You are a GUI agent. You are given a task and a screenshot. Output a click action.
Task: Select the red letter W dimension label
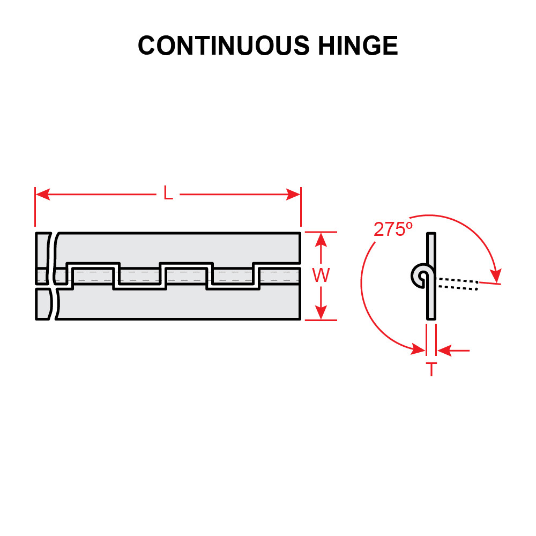click(321, 276)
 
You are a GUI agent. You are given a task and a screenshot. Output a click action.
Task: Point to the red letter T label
click(431, 369)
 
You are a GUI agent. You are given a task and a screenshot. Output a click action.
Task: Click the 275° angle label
click(393, 229)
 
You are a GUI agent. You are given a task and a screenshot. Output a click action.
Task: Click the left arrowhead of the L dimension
click(42, 194)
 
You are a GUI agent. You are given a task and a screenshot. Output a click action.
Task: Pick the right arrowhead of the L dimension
click(294, 194)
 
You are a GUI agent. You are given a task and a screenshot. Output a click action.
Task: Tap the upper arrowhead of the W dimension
click(321, 239)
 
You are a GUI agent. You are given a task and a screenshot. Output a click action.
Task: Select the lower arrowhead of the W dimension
click(321, 313)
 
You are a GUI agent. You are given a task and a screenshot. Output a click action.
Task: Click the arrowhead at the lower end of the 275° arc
click(418, 349)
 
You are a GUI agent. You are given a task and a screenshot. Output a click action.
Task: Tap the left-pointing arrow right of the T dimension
click(445, 351)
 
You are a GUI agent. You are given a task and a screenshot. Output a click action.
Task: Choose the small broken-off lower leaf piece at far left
click(44, 304)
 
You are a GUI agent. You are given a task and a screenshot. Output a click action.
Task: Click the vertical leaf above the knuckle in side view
click(431, 249)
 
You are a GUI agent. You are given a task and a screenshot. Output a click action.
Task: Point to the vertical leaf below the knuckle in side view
click(431, 303)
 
